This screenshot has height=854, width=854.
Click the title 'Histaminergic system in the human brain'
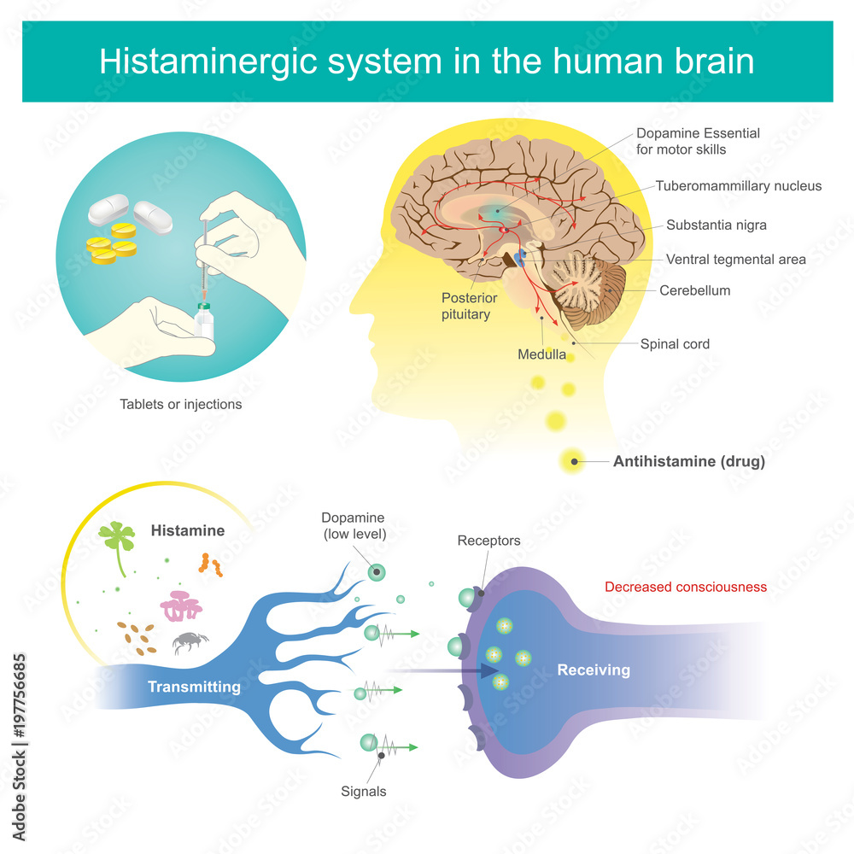427,61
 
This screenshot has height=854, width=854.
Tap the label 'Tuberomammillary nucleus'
739,185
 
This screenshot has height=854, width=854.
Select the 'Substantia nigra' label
716,225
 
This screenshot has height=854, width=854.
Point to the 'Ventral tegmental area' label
735,259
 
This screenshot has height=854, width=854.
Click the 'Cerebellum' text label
694,290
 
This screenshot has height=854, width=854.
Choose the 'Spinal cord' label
675,344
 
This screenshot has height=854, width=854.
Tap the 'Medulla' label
541,354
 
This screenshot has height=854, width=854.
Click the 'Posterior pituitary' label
469,306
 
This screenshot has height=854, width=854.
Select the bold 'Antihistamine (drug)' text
688,462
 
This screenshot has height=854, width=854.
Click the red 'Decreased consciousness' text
686,587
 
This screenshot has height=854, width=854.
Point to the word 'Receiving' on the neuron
594,670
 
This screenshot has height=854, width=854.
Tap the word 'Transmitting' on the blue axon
194,687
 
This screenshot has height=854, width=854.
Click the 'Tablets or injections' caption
180,404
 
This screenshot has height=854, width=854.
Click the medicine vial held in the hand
203,321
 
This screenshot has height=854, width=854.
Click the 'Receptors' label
488,541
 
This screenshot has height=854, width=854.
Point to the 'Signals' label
365,791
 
